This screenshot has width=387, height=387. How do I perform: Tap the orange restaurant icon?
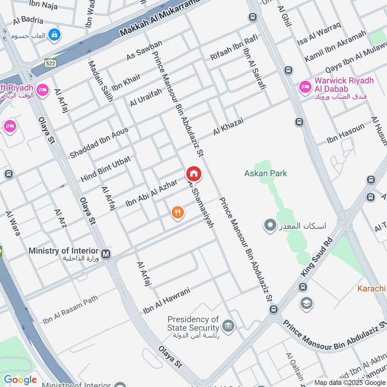(178, 212)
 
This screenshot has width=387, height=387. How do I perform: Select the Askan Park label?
(266, 173)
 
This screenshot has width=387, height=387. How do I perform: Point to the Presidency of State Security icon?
(228, 324)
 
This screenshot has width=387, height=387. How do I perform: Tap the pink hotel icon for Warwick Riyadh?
(305, 87)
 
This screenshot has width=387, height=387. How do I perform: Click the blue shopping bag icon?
(55, 34)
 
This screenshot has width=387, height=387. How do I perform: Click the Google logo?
(20, 380)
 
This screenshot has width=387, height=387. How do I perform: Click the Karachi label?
(372, 289)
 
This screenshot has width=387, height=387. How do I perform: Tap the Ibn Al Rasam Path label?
(70, 310)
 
